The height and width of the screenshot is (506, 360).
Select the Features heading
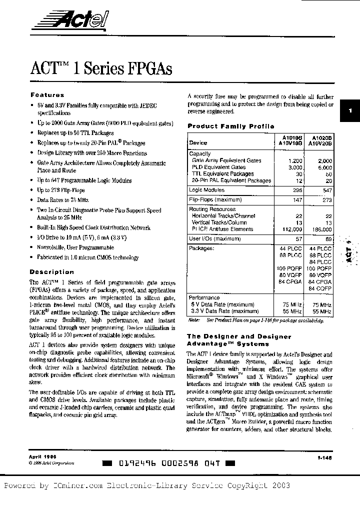coord(47,95)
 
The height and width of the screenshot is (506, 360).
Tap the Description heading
coord(51,272)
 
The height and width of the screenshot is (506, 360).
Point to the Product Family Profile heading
coord(230,126)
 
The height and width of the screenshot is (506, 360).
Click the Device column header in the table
coord(198,142)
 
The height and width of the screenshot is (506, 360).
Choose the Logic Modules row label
coord(206,190)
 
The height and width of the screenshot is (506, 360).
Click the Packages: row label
coord(201,248)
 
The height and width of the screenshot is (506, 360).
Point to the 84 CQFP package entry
coord(320,288)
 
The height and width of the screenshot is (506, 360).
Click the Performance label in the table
coord(204,297)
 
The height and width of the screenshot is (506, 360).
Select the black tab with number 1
coord(350,112)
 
